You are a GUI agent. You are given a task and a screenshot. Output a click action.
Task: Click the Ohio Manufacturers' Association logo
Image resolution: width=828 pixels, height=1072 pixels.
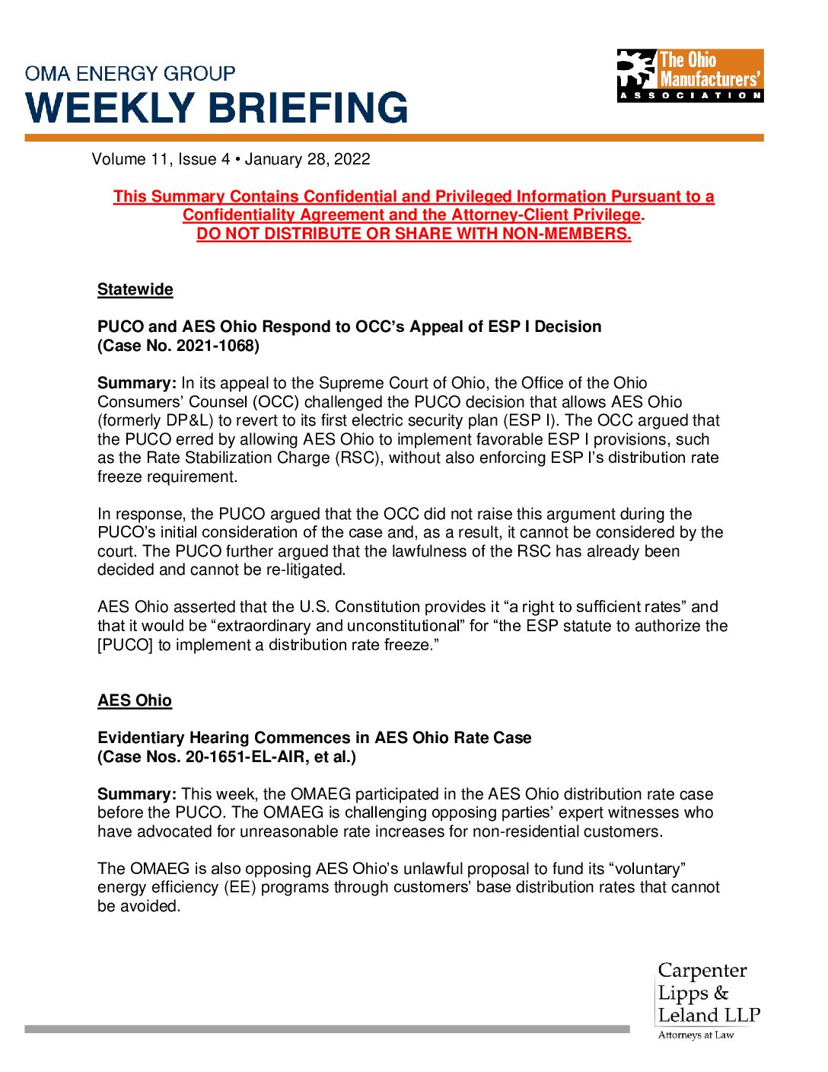click(x=689, y=76)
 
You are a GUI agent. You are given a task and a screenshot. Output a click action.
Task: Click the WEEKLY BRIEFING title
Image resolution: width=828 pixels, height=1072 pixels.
click(x=217, y=108)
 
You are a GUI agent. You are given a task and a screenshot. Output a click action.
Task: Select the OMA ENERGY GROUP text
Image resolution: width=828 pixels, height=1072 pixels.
click(x=130, y=74)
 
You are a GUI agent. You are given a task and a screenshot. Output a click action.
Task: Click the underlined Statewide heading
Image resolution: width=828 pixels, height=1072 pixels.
click(x=135, y=289)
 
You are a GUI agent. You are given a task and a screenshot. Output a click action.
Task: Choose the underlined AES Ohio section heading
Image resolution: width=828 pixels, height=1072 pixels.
click(x=135, y=700)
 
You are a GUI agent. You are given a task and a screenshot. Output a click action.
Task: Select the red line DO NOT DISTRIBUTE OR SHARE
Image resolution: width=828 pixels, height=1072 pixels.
click(x=414, y=234)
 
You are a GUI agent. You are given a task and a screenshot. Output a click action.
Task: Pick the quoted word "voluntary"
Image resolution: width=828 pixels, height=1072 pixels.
click(x=648, y=869)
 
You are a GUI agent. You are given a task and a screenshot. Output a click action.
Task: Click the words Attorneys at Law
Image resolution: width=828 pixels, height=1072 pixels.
click(x=696, y=1035)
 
